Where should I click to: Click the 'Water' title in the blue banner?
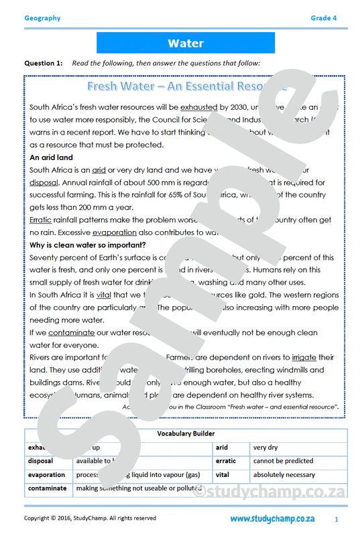tap(186, 44)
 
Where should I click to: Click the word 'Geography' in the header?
tap(42, 18)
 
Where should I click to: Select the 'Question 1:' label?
tap(44, 63)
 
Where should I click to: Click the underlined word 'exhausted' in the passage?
tap(199, 107)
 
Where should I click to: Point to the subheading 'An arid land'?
tap(52, 157)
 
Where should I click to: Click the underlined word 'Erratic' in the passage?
tap(42, 220)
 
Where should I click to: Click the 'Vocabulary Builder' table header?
tap(186, 433)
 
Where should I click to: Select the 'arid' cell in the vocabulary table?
tap(222, 447)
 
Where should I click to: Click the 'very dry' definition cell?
tap(265, 447)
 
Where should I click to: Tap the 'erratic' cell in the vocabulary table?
tap(226, 461)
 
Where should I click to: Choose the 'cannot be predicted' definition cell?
tap(283, 461)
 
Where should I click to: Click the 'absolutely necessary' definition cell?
tap(284, 474)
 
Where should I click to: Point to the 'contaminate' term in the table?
tap(48, 488)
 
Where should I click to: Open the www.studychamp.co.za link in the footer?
tap(272, 519)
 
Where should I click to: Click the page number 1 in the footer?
tap(336, 519)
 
